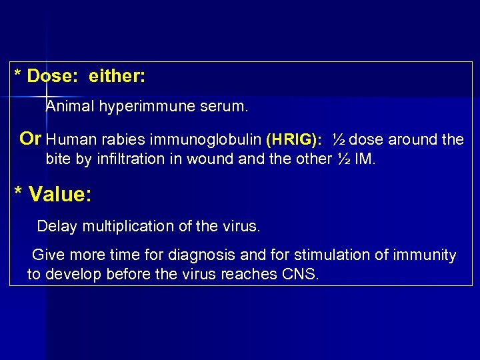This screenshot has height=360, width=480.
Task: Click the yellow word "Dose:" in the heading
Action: pos(49,76)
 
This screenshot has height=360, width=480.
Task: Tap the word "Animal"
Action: pos(70,106)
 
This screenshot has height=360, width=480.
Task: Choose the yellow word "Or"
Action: pos(31,139)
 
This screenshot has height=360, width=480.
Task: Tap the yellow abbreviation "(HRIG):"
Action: pos(293,140)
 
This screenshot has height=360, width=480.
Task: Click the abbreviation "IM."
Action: pos(365,159)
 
